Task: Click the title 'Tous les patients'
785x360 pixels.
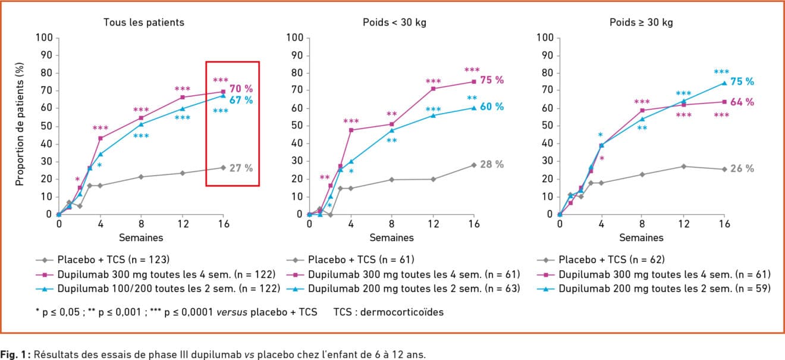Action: pyautogui.click(x=143, y=23)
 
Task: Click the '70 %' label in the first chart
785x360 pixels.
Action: pyautogui.click(x=241, y=89)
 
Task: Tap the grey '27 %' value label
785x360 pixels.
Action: pyautogui.click(x=241, y=168)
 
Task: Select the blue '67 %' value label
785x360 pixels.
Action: pyautogui.click(x=241, y=100)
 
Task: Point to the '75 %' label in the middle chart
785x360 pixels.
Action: pyautogui.click(x=492, y=80)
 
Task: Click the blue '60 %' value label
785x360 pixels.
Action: pyautogui.click(x=492, y=107)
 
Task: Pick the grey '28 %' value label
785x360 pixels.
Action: pyautogui.click(x=492, y=164)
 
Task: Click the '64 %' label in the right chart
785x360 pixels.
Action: pyautogui.click(x=742, y=102)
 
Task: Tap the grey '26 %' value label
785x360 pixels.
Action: pyautogui.click(x=742, y=169)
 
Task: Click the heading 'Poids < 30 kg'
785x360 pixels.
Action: pyautogui.click(x=394, y=23)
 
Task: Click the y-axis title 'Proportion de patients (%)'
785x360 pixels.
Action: pyautogui.click(x=20, y=126)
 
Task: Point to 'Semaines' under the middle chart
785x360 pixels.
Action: pyautogui.click(x=391, y=237)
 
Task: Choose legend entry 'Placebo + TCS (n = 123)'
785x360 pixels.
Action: pyautogui.click(x=114, y=259)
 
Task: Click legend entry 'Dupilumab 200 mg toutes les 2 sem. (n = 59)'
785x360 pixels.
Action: pyautogui.click(x=665, y=289)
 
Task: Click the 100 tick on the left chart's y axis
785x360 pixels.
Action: pyautogui.click(x=46, y=38)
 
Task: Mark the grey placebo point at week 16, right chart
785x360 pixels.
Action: pyautogui.click(x=724, y=169)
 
